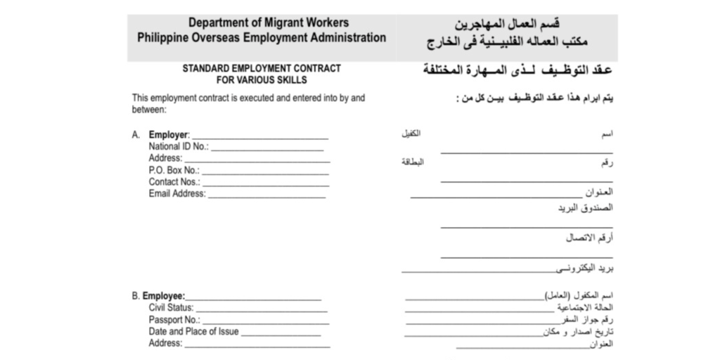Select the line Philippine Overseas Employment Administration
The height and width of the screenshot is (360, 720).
point(262,37)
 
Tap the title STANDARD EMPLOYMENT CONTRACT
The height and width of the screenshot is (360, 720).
point(262,69)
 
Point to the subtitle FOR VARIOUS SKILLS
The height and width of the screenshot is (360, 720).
point(262,80)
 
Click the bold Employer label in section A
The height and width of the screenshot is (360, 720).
point(169,135)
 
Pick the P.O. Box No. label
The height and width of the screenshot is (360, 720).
point(174,170)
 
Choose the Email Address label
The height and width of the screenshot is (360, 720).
point(176,194)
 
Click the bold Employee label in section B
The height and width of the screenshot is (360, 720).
point(163,297)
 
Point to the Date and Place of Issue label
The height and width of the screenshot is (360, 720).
point(193,332)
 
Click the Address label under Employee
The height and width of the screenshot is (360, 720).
point(165,344)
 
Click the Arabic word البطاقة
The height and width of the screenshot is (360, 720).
point(412,162)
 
